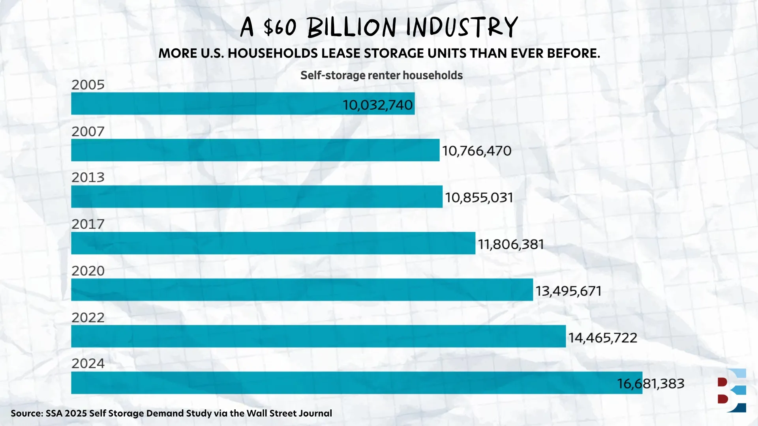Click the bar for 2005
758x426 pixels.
tap(205, 103)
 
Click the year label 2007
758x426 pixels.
tap(88, 131)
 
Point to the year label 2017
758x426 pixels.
tap(88, 224)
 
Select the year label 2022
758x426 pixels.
tap(88, 318)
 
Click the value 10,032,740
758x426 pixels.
tap(377, 105)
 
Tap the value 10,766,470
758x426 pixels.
tap(477, 151)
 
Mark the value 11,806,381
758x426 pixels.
tap(511, 244)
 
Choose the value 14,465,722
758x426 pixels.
tap(602, 338)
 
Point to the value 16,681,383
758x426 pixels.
tap(651, 383)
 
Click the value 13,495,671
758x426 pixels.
tap(568, 291)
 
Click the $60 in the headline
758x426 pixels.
tap(280, 28)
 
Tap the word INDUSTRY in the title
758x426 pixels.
tap(462, 28)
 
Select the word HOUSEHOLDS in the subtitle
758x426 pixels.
tap(273, 53)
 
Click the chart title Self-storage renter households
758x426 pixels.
tap(381, 75)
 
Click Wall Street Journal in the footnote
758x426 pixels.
tap(289, 413)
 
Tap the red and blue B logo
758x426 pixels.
tap(732, 390)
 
